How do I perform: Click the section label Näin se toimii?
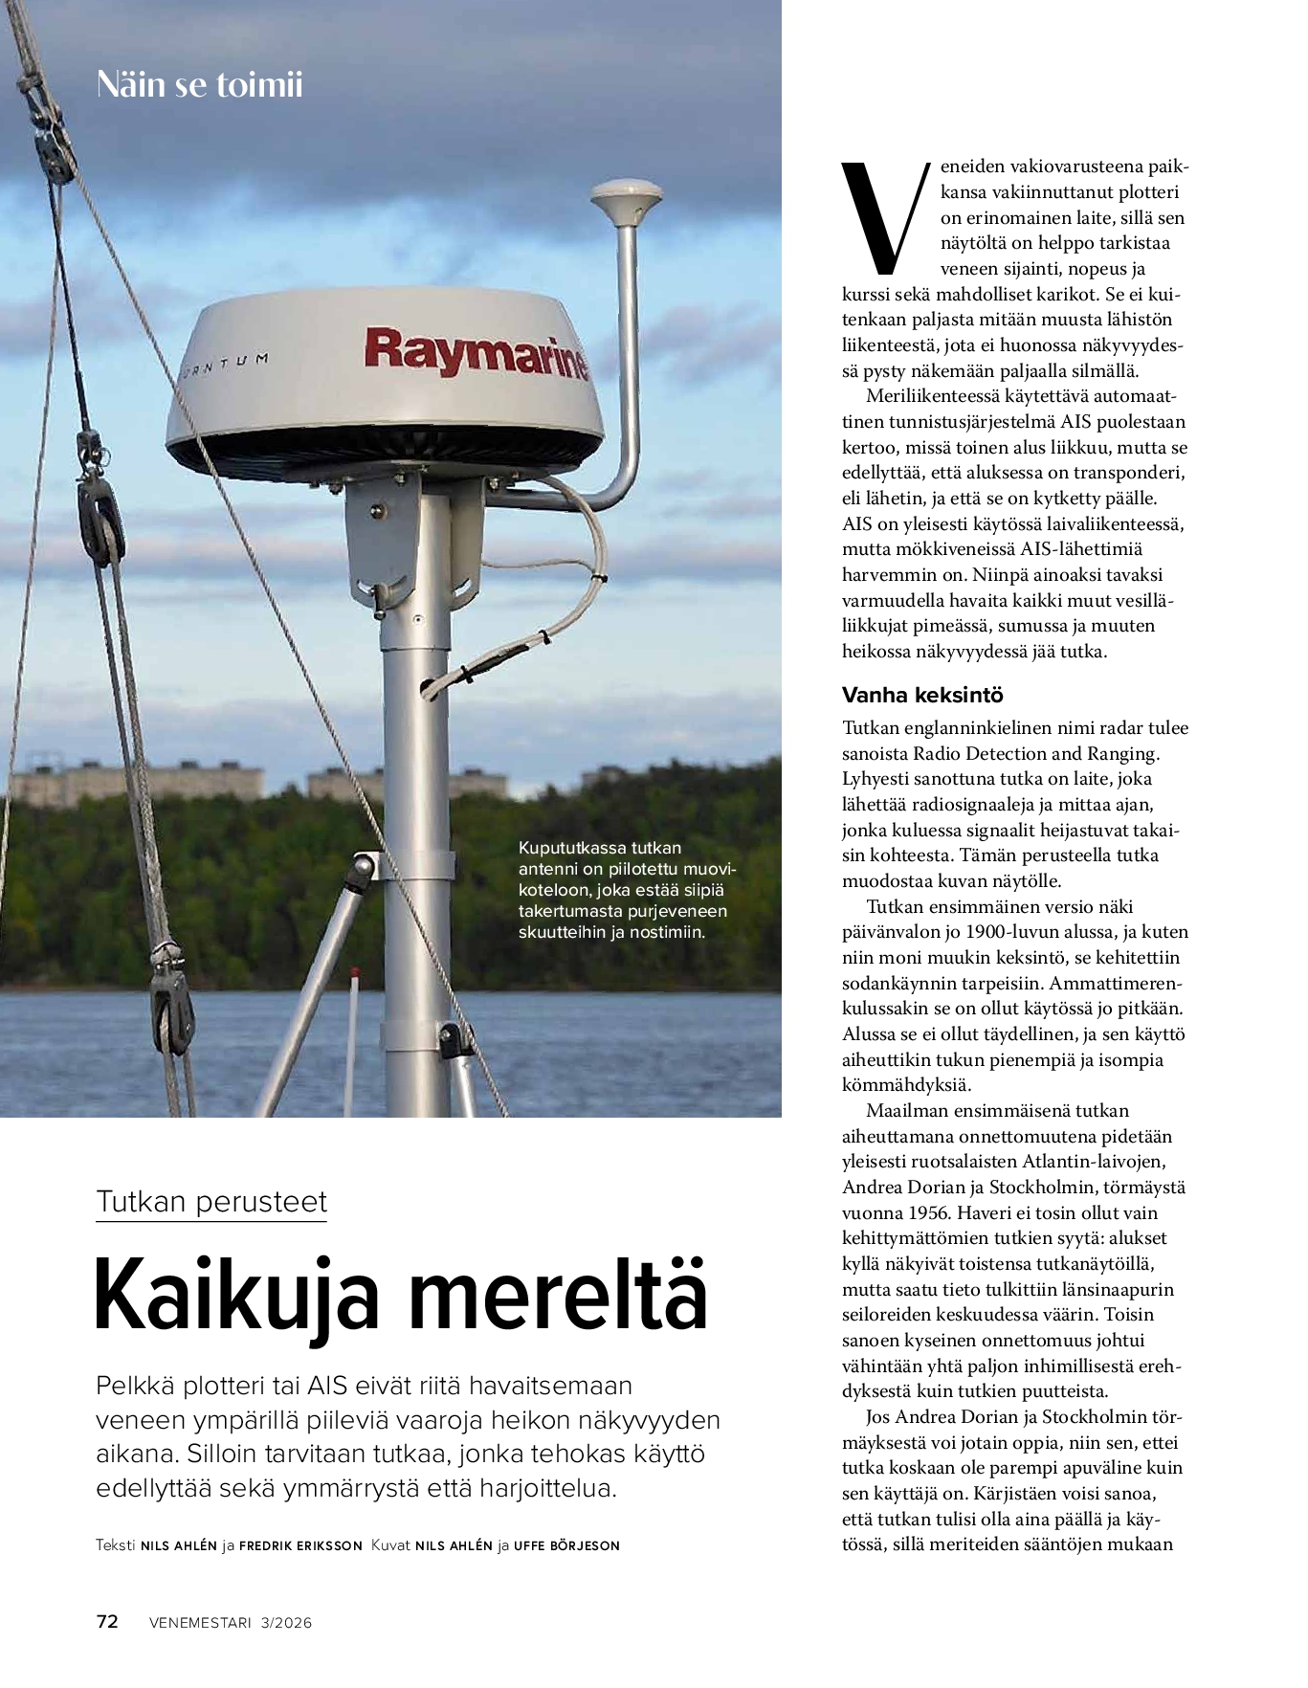coord(200,85)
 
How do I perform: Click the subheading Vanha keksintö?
coord(922,695)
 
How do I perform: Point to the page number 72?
coord(107,1621)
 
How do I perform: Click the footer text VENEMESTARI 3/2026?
coord(231,1622)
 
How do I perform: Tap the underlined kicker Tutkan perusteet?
coord(211,1202)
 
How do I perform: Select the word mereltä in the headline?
coord(559,1297)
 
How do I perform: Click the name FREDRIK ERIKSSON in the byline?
coord(300,1545)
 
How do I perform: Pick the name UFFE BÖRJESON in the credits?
coord(566,1545)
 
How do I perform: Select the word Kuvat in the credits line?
coord(390,1545)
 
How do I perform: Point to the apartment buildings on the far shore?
coord(134,782)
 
